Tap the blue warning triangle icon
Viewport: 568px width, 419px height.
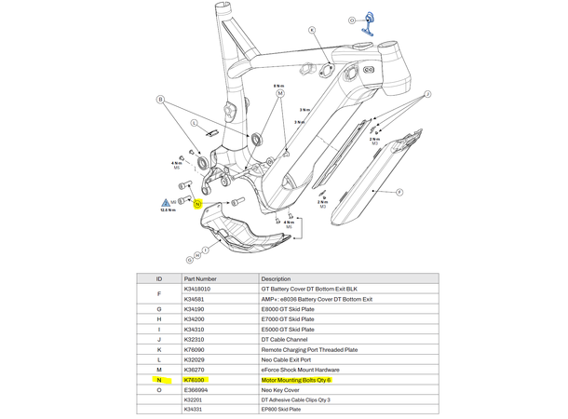(x=165, y=202)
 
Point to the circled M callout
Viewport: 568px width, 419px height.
(x=279, y=94)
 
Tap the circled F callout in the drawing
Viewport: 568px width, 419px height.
(x=399, y=193)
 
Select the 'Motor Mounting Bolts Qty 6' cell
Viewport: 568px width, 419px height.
(x=296, y=380)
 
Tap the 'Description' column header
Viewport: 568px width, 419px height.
(x=277, y=278)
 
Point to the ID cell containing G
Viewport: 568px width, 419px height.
(x=159, y=309)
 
